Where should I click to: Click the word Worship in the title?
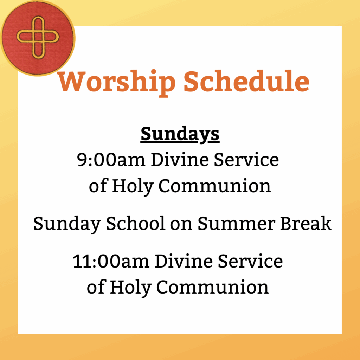coord(117,83)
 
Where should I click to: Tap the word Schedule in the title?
coord(246,81)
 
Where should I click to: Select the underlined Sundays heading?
coord(180,135)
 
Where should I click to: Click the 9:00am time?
coord(111,160)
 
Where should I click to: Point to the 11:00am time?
coord(111,261)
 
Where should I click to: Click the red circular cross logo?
coord(37,38)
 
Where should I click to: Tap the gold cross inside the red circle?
coord(38,37)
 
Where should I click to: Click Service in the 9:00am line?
coord(246,160)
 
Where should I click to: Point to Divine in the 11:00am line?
coord(184,261)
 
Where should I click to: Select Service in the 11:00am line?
coord(250,261)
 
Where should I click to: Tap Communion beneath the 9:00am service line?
coord(215,186)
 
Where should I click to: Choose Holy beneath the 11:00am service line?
coord(131,288)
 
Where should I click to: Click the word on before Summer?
coord(181,225)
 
